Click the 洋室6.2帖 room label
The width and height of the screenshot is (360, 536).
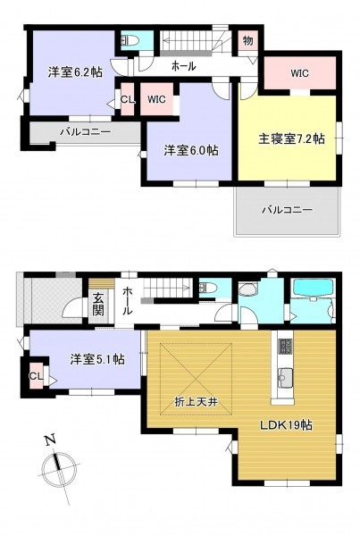[75, 71]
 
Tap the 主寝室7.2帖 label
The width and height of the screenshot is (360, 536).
[291, 138]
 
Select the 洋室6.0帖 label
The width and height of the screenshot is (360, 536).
[191, 150]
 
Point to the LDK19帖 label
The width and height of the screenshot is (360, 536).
[286, 425]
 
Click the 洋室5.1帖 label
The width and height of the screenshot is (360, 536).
[97, 360]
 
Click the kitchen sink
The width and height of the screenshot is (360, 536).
[284, 378]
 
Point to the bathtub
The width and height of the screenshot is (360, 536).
[313, 288]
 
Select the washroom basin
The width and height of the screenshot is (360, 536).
[247, 289]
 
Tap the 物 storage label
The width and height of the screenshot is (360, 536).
[248, 41]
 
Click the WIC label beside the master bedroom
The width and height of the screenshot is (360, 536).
[300, 73]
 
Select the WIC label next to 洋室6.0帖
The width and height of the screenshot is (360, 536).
[156, 99]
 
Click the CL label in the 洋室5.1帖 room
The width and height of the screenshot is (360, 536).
[37, 376]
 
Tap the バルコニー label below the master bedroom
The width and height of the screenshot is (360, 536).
[287, 210]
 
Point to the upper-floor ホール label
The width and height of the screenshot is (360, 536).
[184, 65]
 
